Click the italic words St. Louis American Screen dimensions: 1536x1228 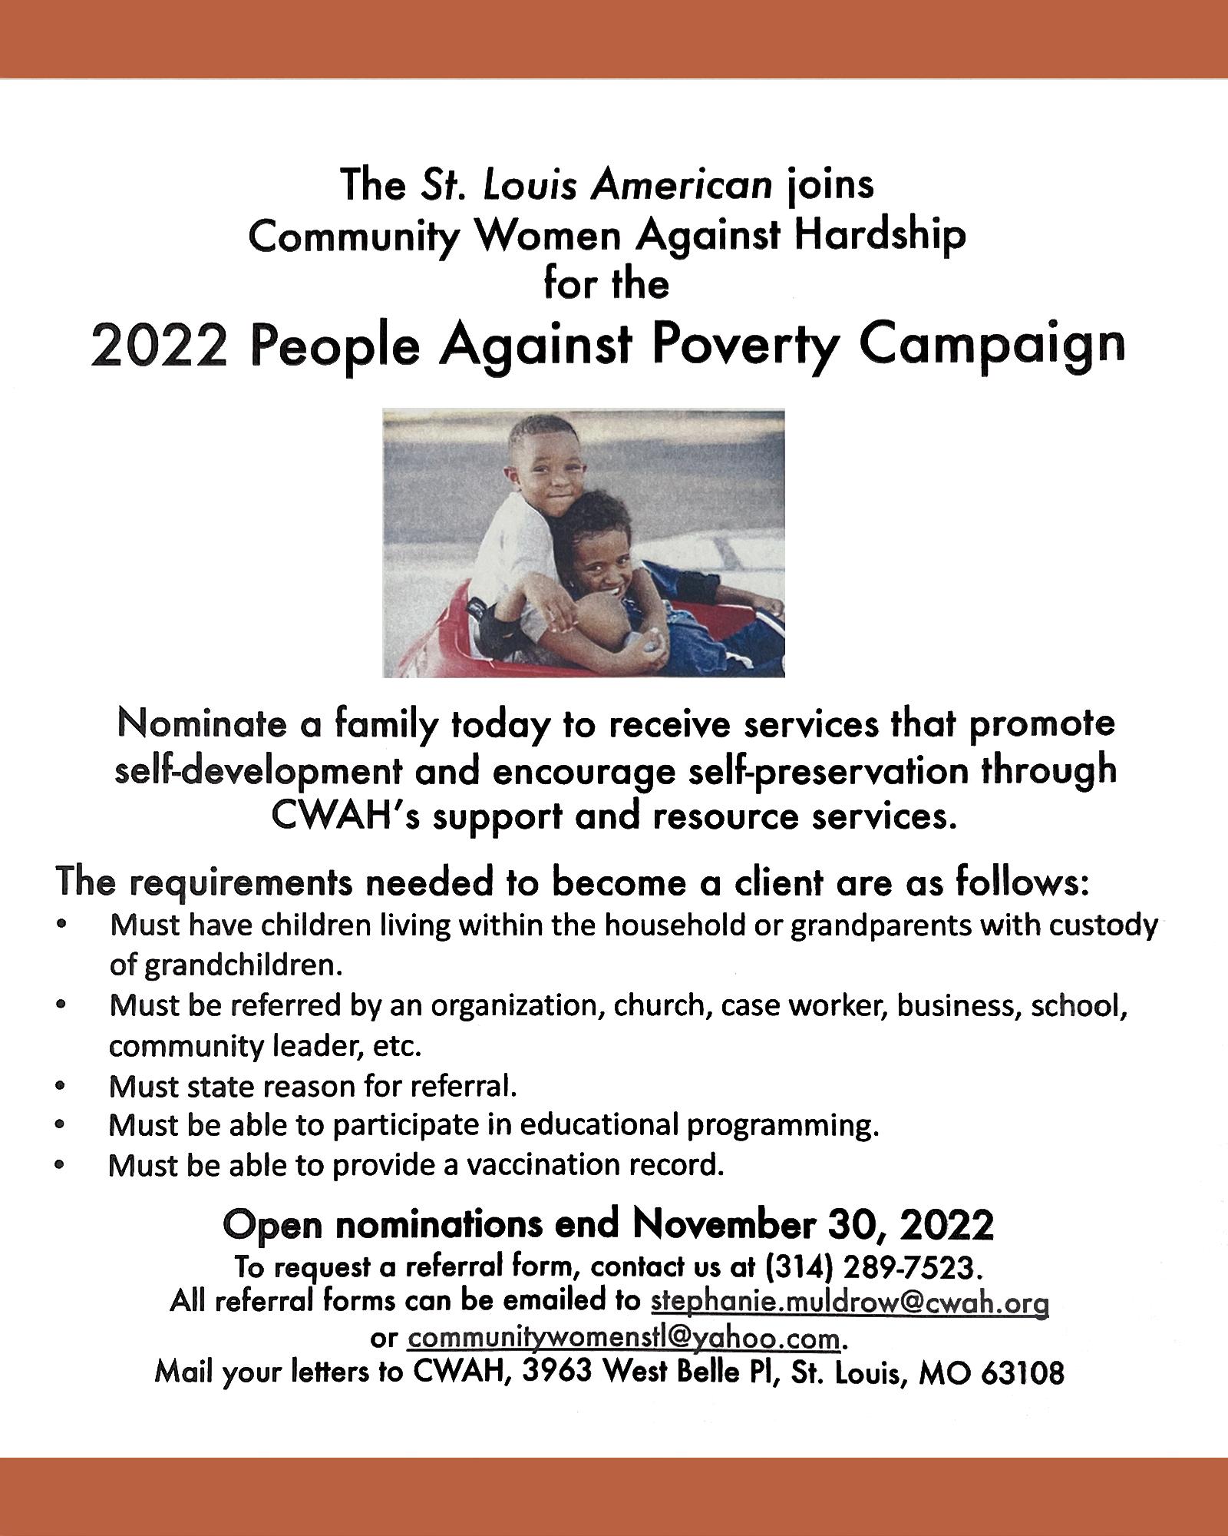(595, 186)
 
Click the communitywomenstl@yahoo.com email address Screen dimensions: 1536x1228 (624, 1338)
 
